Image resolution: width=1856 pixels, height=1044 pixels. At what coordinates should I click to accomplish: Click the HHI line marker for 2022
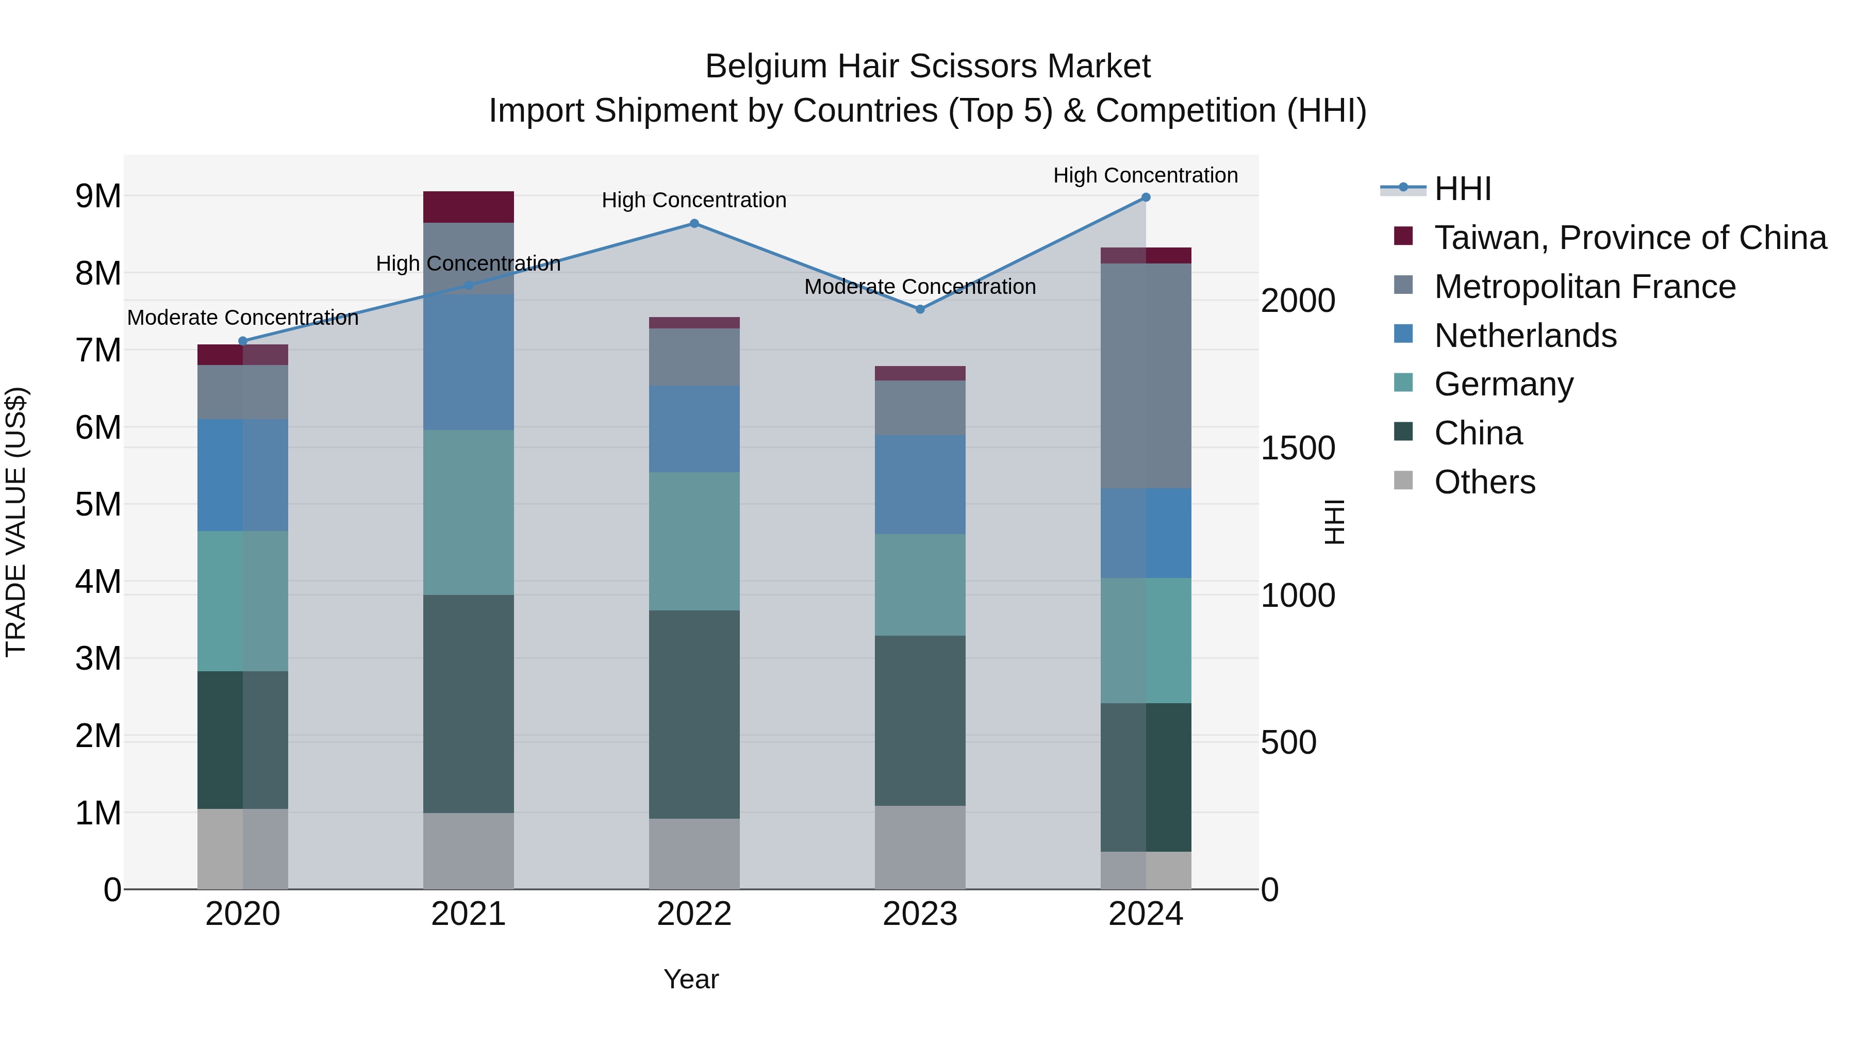pyautogui.click(x=694, y=223)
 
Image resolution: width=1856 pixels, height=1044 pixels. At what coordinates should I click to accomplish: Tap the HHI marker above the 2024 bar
pyautogui.click(x=1146, y=197)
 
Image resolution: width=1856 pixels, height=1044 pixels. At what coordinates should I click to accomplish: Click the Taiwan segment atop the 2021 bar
pyautogui.click(x=468, y=207)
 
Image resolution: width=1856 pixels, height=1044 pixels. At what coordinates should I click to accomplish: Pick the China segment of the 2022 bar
pyautogui.click(x=694, y=714)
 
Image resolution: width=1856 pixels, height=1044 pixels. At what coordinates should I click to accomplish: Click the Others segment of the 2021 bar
pyautogui.click(x=468, y=851)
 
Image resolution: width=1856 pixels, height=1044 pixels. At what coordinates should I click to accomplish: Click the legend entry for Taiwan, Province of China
pyautogui.click(x=1629, y=238)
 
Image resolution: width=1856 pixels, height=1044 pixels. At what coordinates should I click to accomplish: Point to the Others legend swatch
pyautogui.click(x=1403, y=480)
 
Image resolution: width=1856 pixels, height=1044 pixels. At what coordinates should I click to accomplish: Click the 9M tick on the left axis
pyautogui.click(x=98, y=196)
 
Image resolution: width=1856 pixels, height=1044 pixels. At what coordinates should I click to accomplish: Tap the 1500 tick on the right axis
pyautogui.click(x=1298, y=448)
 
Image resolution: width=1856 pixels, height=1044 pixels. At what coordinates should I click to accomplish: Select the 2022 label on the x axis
pyautogui.click(x=694, y=914)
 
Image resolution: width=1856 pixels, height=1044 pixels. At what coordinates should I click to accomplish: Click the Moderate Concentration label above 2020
pyautogui.click(x=243, y=317)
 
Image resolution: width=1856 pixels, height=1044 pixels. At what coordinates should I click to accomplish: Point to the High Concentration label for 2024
pyautogui.click(x=1146, y=175)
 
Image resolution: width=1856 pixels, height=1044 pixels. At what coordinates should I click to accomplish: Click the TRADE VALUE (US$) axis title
pyautogui.click(x=16, y=522)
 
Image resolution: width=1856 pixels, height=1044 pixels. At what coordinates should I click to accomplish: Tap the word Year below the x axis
pyautogui.click(x=691, y=979)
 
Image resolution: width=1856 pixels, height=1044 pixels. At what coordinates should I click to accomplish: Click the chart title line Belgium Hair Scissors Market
pyautogui.click(x=927, y=67)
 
